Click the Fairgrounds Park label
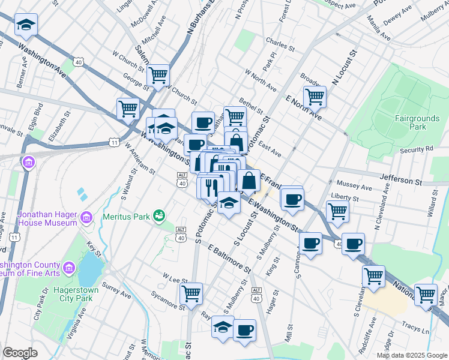pos(410,122)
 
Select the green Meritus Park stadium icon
pos(159,215)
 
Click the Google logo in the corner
pos(20,352)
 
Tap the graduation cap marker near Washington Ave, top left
pos(26,25)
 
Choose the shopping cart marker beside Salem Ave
pos(158,76)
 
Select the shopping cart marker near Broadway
pos(315,95)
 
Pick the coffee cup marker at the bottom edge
pos(244,329)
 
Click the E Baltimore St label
pos(229,256)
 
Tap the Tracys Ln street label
pos(416,331)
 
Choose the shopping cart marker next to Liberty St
pos(337,211)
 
